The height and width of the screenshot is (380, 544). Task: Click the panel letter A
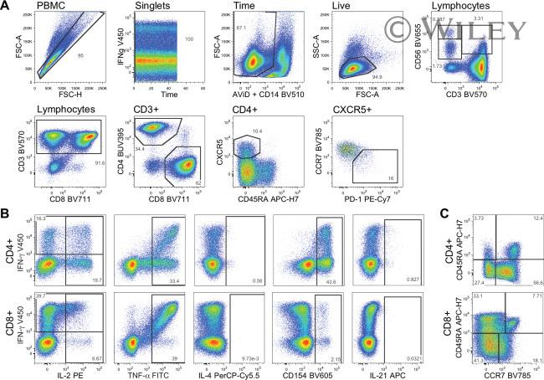coord(7,8)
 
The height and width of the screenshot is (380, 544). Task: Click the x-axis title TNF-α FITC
coord(153,372)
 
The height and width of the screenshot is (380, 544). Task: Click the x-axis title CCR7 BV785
coord(501,372)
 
